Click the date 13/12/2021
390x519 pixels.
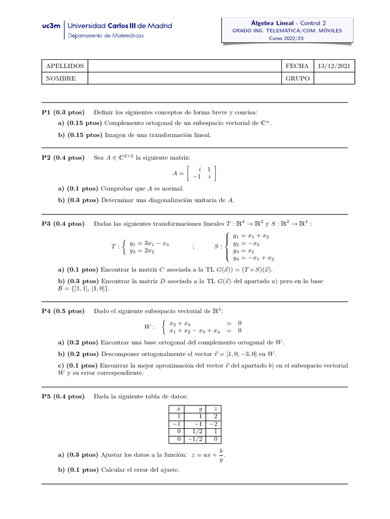click(x=334, y=66)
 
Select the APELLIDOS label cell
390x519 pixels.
click(x=64, y=66)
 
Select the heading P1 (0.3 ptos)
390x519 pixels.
click(x=63, y=112)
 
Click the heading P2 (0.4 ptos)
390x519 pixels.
click(x=63, y=158)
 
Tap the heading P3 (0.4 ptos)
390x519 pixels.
click(x=63, y=224)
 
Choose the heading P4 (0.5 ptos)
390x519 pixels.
click(x=63, y=311)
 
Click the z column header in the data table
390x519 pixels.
click(x=216, y=409)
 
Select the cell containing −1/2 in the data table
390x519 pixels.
click(x=194, y=439)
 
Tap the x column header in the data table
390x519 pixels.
click(x=178, y=409)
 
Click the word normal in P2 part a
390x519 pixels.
click(x=166, y=189)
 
